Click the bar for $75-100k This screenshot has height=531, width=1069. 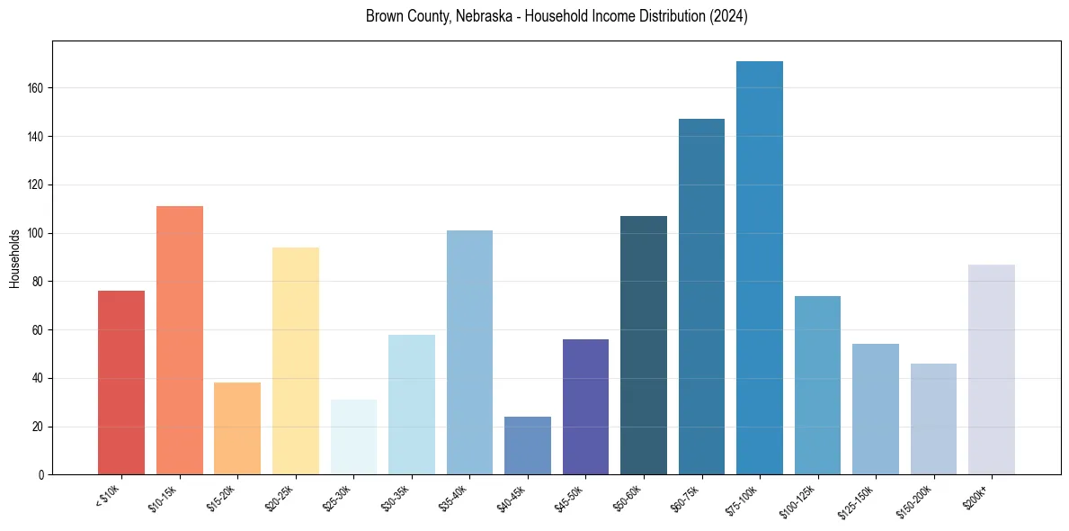(x=760, y=268)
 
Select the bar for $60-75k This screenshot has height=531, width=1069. (x=701, y=297)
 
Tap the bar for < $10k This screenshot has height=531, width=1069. (x=121, y=382)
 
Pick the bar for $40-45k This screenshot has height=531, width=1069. (x=528, y=445)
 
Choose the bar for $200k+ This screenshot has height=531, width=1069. (x=992, y=369)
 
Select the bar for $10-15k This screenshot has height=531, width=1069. (x=180, y=340)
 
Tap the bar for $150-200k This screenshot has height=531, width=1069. (x=933, y=418)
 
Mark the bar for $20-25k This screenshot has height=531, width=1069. (x=296, y=360)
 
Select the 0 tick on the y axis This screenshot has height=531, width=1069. (x=42, y=474)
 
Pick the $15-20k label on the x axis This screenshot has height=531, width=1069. (x=224, y=498)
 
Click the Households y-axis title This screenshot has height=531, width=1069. (x=15, y=257)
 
